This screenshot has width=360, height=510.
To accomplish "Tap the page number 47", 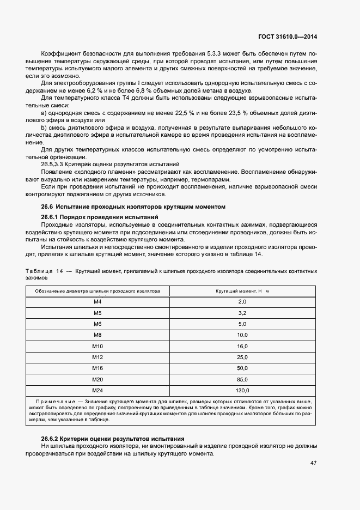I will point(313,463).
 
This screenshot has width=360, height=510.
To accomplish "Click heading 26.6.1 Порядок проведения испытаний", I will point(92,217).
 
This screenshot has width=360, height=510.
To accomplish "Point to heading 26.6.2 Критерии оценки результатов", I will point(113,439).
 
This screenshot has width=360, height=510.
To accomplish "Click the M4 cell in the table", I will point(97,301).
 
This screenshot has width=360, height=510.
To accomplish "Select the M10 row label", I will point(97,346).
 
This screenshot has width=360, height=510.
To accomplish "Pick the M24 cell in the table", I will point(97,391).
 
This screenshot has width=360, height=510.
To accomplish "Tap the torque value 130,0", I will point(242,391).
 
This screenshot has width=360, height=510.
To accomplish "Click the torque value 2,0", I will point(242,301).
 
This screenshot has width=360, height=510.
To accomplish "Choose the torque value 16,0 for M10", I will point(242,346).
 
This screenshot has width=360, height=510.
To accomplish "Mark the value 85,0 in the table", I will point(242,379).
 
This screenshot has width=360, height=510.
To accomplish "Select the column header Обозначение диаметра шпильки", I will point(97,291).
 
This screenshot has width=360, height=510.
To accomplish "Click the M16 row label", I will point(97,368).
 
